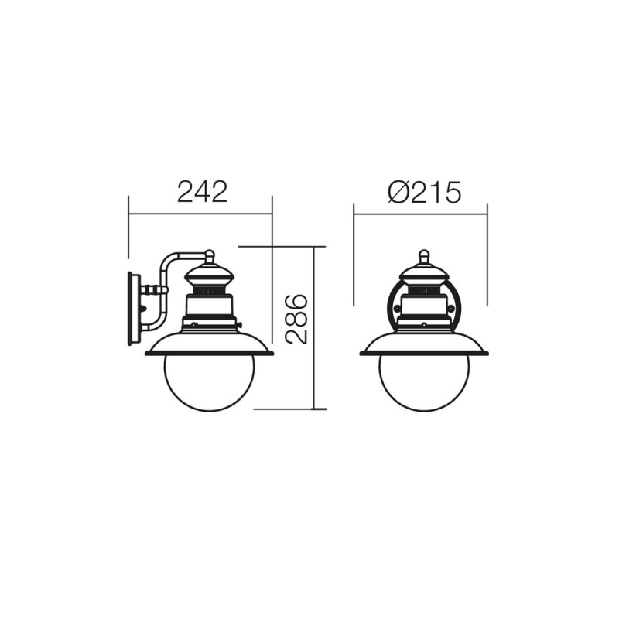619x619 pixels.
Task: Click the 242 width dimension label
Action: coord(202,191)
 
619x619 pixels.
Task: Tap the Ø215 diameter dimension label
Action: coord(424,191)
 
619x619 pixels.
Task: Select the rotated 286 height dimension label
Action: coord(296,318)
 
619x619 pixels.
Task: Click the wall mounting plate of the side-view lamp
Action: coord(134,307)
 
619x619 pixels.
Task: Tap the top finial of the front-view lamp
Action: coord(423,256)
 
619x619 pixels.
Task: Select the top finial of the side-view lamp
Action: coord(209,256)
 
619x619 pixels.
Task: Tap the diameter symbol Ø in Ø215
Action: coord(398,192)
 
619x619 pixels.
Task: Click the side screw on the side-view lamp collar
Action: coord(240,325)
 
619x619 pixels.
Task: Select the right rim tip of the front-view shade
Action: coord(486,353)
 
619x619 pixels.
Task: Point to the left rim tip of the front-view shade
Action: coord(362,353)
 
